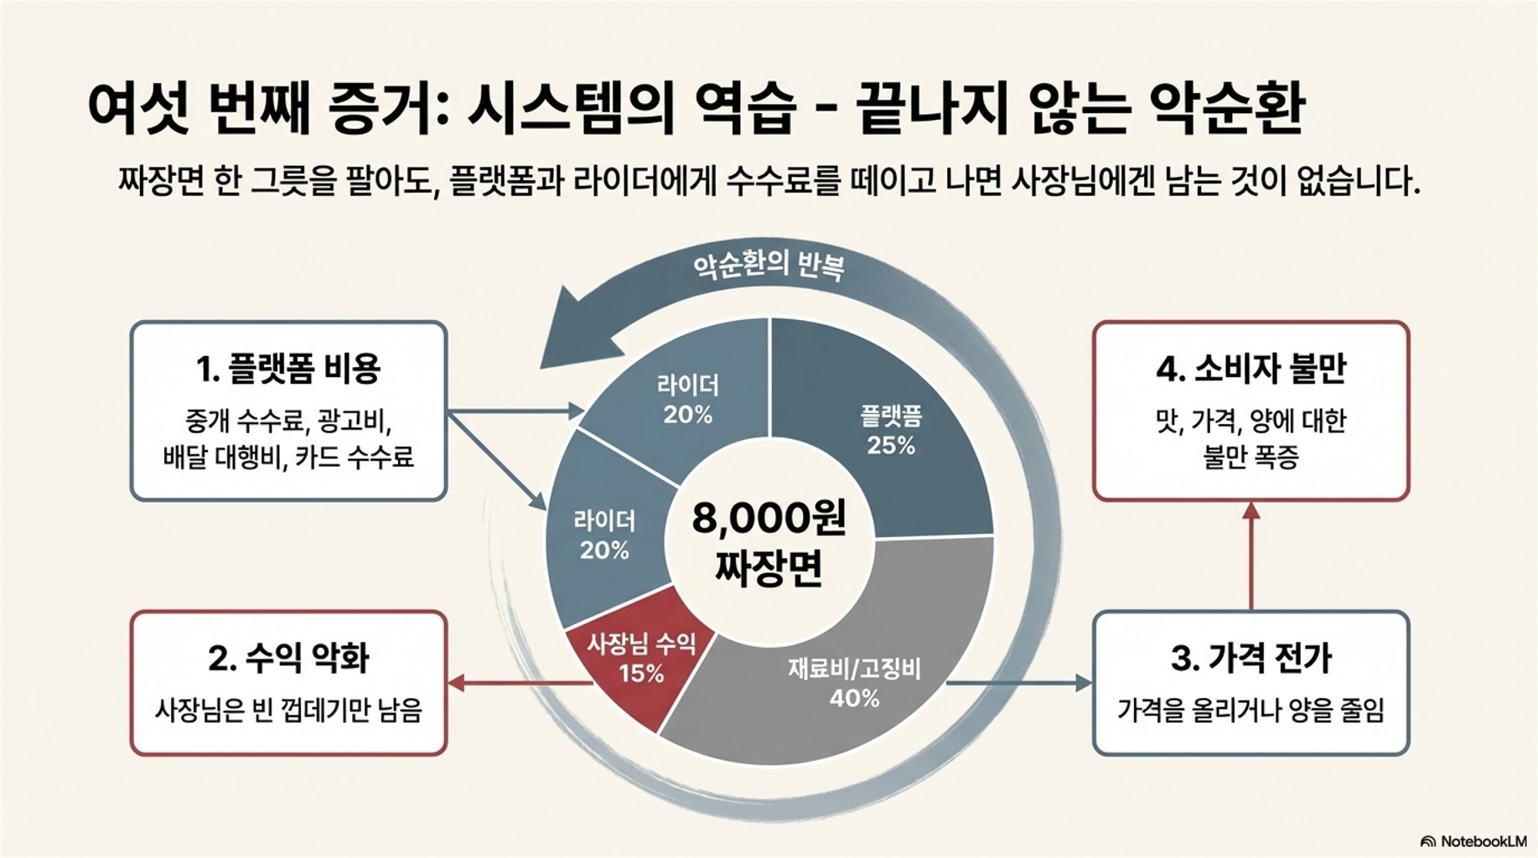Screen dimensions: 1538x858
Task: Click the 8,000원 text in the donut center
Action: (769, 519)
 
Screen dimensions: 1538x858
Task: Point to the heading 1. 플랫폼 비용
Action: (288, 369)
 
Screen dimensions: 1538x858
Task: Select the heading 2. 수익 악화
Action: (288, 658)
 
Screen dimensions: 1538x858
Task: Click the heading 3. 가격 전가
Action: (1251, 658)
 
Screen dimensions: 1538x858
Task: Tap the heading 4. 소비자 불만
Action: (1251, 369)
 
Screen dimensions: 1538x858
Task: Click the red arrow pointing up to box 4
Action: (1251, 553)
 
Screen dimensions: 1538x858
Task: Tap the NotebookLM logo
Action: (1475, 841)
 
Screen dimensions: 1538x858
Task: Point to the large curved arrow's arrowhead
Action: (570, 331)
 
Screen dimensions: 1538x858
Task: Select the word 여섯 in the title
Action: (138, 110)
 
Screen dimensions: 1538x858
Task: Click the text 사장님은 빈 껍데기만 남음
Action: (288, 711)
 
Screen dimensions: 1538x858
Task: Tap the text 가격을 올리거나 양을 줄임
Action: (1251, 711)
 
